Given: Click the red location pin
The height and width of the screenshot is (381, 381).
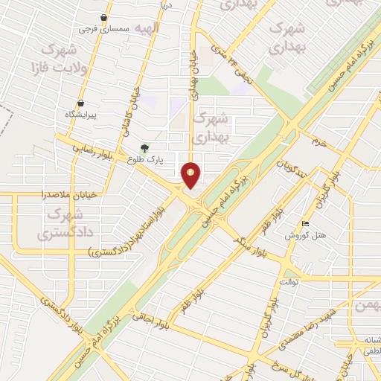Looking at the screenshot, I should click(191, 175).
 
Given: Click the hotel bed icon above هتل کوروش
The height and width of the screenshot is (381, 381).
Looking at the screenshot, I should click(305, 224).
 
